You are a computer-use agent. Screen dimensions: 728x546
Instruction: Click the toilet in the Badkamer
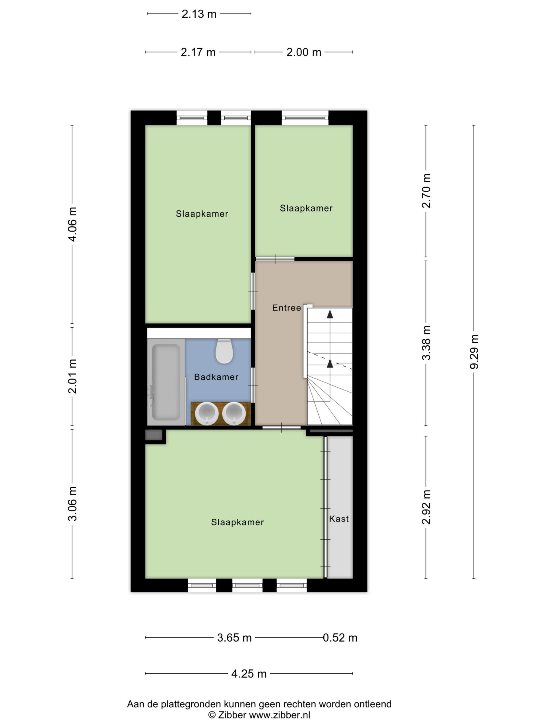224,351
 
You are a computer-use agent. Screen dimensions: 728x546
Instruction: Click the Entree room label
286,308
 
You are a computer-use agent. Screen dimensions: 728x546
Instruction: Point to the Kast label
339,519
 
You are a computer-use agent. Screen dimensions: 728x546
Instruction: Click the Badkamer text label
216,377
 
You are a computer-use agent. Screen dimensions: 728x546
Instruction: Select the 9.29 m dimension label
474,351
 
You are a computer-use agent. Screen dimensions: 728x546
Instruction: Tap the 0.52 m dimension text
340,638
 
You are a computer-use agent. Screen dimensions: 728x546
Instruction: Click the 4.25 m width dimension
249,674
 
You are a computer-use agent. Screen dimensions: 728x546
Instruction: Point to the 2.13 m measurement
199,14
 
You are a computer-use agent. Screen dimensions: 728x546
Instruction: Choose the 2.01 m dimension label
73,376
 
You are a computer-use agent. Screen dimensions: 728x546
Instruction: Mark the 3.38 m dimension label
426,343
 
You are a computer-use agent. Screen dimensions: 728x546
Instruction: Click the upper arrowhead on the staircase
330,314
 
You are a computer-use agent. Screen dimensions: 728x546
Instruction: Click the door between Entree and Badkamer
253,385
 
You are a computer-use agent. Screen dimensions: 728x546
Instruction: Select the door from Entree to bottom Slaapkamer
282,427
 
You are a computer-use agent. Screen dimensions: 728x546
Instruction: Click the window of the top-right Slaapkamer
305,118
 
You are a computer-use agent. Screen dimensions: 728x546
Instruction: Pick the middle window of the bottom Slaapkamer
247,586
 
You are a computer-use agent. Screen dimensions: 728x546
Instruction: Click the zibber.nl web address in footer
280,715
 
